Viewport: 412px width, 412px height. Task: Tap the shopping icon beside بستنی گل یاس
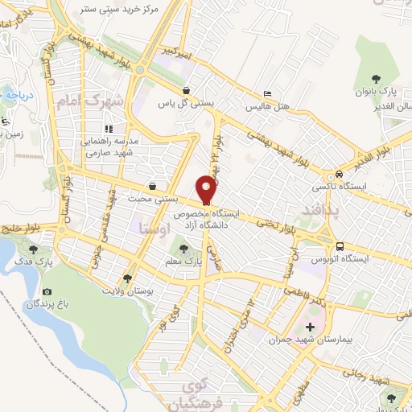click(x=187, y=91)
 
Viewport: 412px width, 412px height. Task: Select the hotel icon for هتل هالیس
click(x=268, y=94)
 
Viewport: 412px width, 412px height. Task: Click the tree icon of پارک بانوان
click(x=371, y=79)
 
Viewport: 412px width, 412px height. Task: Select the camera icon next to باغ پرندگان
click(x=47, y=292)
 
